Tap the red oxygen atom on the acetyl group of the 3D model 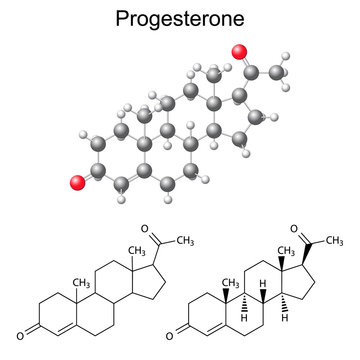[x=238, y=52]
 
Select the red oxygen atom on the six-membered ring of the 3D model [x=77, y=181]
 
